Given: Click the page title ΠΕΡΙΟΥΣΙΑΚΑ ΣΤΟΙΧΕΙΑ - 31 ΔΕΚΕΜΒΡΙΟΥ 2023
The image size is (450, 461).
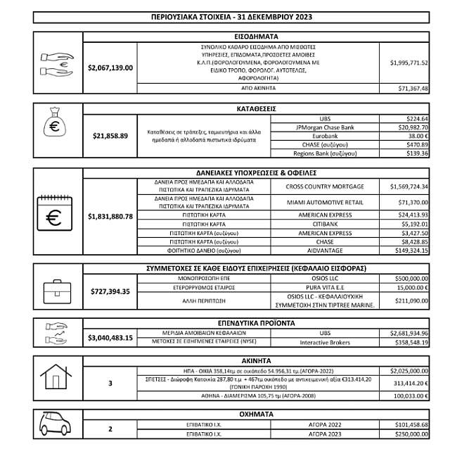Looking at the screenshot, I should pyautogui.click(x=231, y=16).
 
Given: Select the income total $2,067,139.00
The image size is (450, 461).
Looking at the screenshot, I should pyautogui.click(x=110, y=68).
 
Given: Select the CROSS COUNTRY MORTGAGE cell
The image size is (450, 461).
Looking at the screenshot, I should pyautogui.click(x=325, y=187).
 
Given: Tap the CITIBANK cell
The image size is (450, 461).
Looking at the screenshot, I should pyautogui.click(x=325, y=224).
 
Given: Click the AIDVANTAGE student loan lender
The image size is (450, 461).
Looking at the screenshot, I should pyautogui.click(x=325, y=250).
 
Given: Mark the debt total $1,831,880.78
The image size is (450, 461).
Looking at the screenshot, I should pyautogui.click(x=110, y=216).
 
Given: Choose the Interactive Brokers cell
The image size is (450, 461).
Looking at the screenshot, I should pyautogui.click(x=325, y=342).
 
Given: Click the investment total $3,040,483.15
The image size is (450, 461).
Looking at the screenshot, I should pyautogui.click(x=110, y=338).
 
